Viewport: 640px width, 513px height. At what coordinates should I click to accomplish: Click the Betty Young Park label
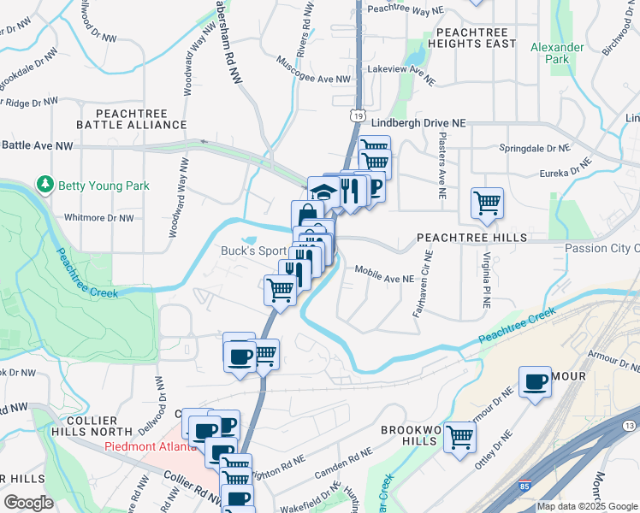click(x=104, y=186)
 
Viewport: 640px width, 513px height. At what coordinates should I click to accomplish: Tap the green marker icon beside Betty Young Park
click(x=45, y=185)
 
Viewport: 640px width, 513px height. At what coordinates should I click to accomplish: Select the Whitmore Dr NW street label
click(x=100, y=218)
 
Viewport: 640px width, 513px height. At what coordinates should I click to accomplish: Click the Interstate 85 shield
click(x=522, y=487)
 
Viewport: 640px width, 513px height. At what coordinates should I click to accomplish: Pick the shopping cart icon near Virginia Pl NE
click(x=487, y=203)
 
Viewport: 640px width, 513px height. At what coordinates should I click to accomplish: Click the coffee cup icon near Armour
click(x=536, y=381)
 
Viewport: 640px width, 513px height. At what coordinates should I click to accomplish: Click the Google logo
click(x=28, y=503)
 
